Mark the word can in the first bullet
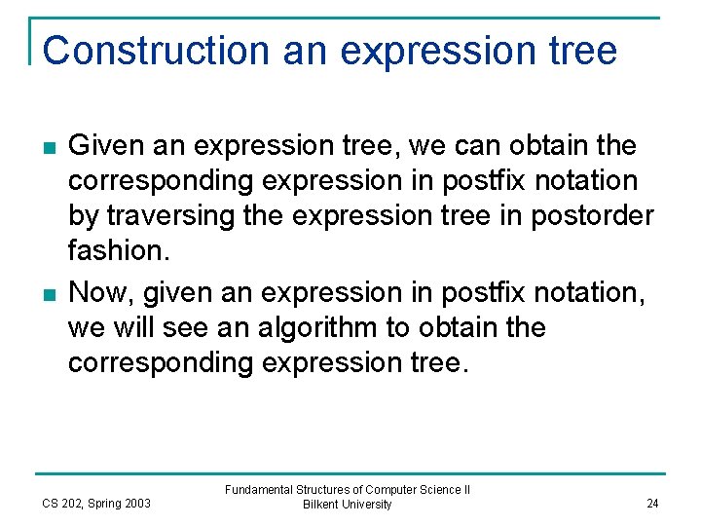(480, 147)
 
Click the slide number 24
(652, 504)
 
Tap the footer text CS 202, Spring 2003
(95, 504)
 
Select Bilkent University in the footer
(347, 505)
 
